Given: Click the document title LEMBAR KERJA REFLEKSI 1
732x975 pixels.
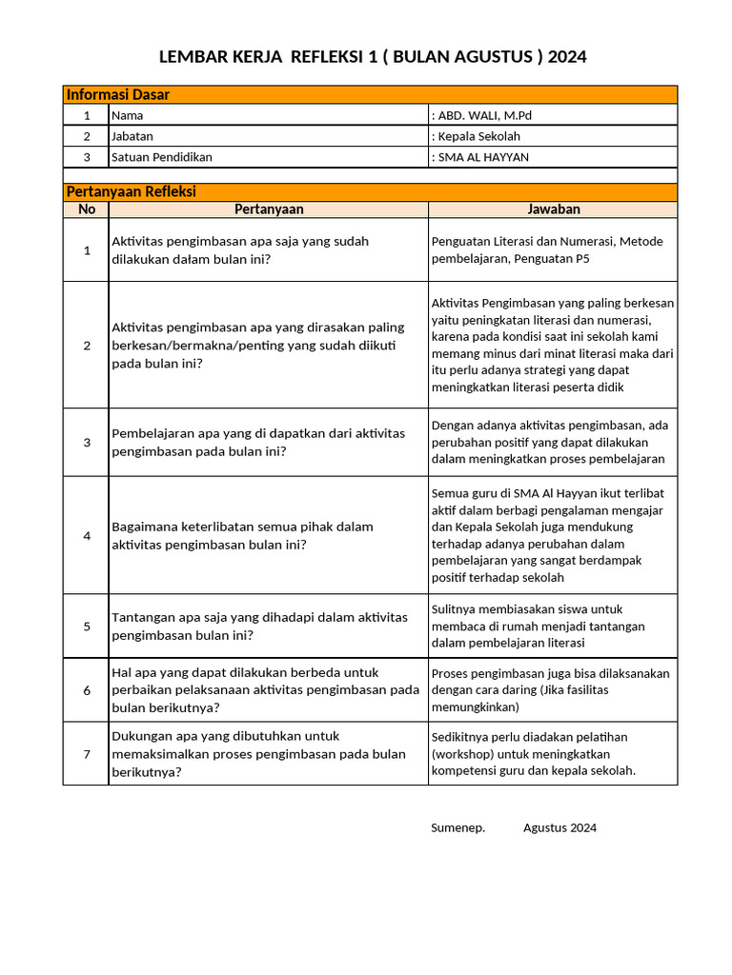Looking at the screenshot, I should pyautogui.click(x=372, y=57).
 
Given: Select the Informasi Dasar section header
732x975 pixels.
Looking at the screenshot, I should pyautogui.click(x=117, y=94).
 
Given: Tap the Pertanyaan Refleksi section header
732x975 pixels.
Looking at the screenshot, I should pyautogui.click(x=131, y=191).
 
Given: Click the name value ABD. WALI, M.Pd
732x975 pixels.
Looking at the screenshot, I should pyautogui.click(x=481, y=115).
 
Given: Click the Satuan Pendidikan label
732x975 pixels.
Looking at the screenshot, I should pyautogui.click(x=162, y=157).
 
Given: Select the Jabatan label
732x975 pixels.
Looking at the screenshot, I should pyautogui.click(x=132, y=136).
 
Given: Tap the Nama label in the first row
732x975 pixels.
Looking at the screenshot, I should pyautogui.click(x=127, y=115).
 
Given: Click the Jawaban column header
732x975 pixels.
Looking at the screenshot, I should pyautogui.click(x=553, y=209).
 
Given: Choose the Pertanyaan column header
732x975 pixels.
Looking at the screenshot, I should pyautogui.click(x=269, y=209).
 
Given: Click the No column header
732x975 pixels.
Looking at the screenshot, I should pyautogui.click(x=87, y=209).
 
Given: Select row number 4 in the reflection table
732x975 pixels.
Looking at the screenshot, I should pyautogui.click(x=87, y=535).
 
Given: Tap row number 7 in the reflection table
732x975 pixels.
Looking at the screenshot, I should pyautogui.click(x=87, y=754).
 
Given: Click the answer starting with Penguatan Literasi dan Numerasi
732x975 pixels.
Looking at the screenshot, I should pyautogui.click(x=546, y=249).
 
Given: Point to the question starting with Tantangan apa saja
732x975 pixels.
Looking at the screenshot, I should pyautogui.click(x=259, y=626).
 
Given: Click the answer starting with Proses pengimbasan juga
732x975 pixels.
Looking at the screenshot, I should pyautogui.click(x=550, y=690).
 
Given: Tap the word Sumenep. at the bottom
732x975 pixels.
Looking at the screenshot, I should pyautogui.click(x=457, y=827).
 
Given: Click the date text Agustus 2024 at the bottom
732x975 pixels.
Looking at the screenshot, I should pyautogui.click(x=559, y=827).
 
